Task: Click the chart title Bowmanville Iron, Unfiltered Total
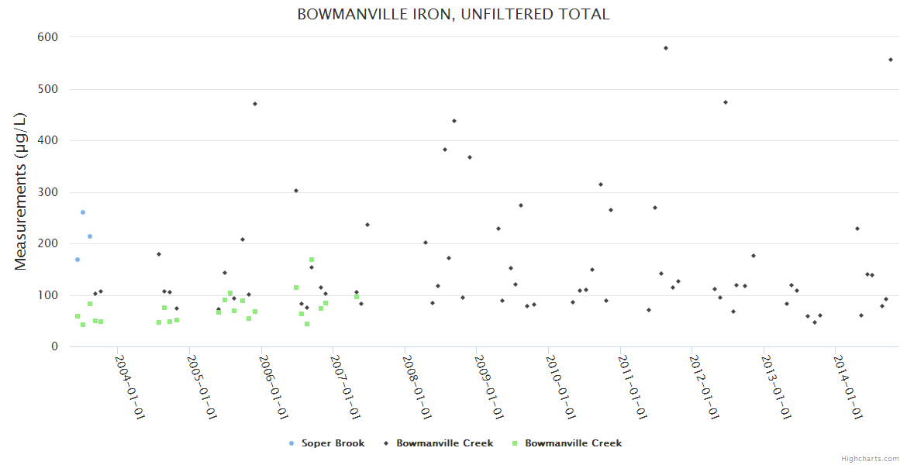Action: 453,14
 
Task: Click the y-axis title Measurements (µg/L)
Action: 21,192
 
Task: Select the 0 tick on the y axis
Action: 53,347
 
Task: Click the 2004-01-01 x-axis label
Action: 130,387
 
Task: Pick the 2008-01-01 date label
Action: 417,387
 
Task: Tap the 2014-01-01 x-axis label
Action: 848,387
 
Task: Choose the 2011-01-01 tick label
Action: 633,387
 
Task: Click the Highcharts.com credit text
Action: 870,458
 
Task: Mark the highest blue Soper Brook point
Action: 83,212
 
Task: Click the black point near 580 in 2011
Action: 666,48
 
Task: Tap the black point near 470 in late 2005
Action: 255,104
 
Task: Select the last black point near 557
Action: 891,60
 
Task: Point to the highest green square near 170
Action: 312,260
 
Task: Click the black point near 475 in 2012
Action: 726,102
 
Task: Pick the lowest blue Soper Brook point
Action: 78,260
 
